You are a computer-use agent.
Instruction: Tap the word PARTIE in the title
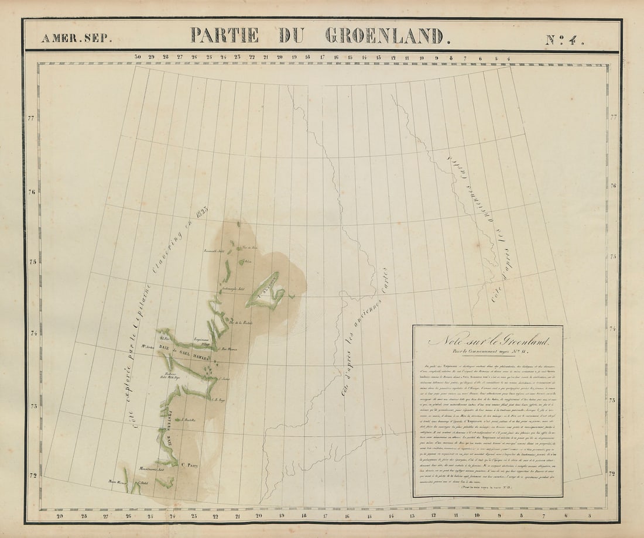224,35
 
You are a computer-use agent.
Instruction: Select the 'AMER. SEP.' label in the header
76,39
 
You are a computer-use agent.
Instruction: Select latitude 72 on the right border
613,473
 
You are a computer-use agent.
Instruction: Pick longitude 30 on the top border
138,57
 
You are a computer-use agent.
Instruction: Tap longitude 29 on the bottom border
60,516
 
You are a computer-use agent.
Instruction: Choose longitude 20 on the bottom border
259,516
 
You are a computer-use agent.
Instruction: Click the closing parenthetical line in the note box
487,486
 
